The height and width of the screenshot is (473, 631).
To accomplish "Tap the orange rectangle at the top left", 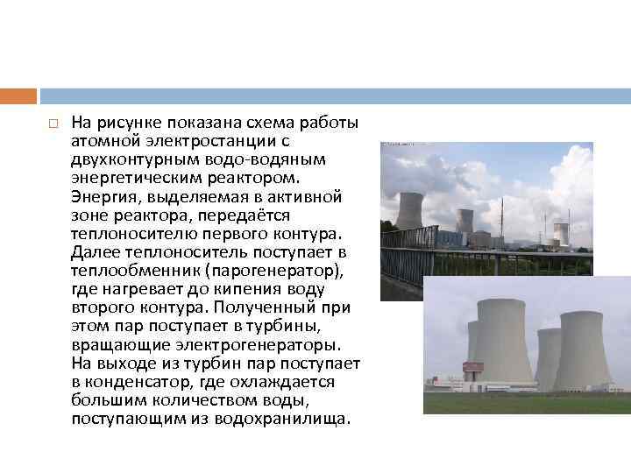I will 18,95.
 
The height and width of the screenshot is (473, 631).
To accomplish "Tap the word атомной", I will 102,140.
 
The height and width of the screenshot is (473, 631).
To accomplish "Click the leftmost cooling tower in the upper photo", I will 408,210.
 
